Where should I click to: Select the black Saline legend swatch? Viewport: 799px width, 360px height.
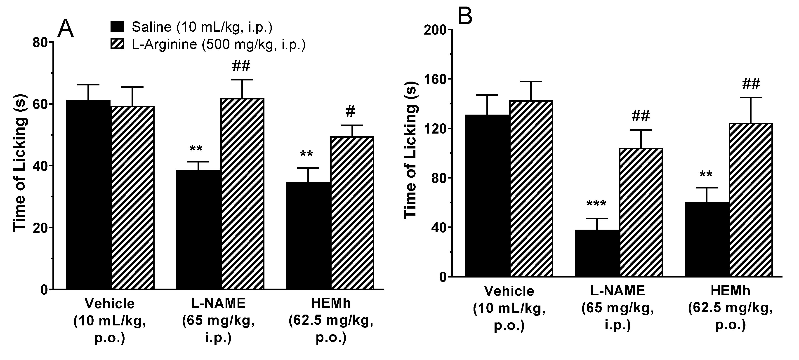click(118, 27)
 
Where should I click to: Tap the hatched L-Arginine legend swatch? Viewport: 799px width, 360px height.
click(118, 44)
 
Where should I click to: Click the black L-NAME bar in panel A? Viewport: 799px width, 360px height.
click(198, 229)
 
